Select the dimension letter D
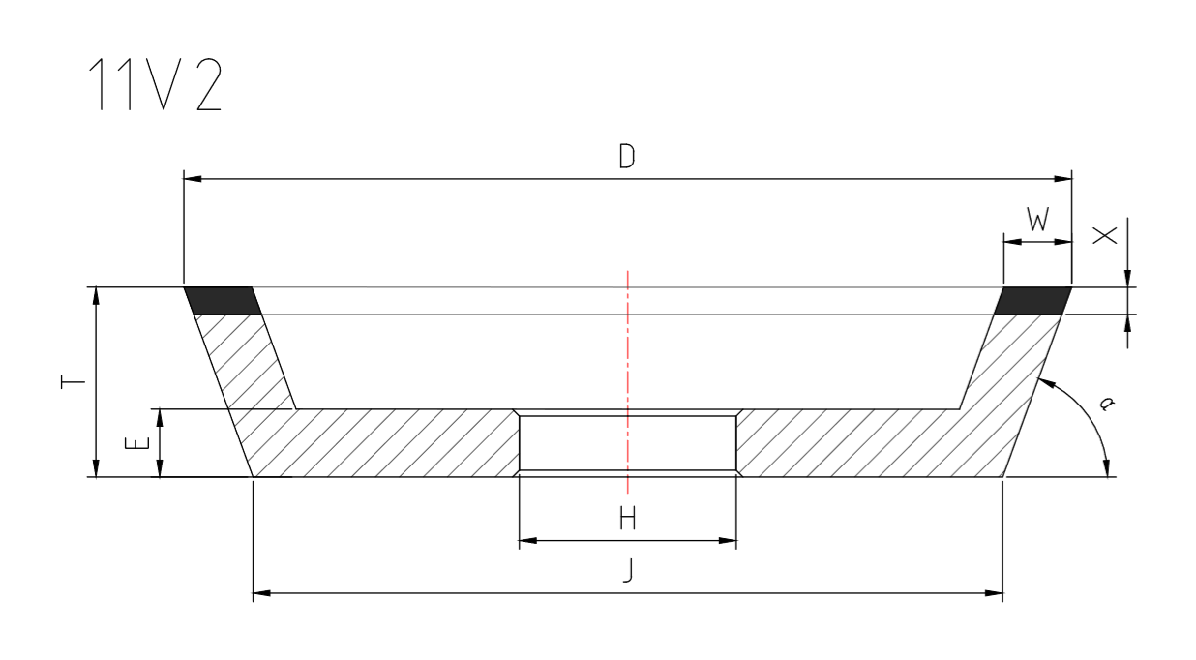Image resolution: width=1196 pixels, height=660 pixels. [x=627, y=158]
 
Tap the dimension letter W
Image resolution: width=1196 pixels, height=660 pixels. [x=1036, y=222]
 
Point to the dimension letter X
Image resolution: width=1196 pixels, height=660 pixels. [x=1104, y=234]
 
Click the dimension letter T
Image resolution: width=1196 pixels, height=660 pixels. [x=69, y=382]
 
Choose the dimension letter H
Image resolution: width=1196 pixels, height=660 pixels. [x=627, y=520]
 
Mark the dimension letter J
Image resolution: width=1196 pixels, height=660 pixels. [x=627, y=573]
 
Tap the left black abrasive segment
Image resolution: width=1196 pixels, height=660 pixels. [x=223, y=301]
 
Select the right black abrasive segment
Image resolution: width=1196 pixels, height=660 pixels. [x=1033, y=301]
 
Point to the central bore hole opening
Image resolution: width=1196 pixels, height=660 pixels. [x=628, y=443]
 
